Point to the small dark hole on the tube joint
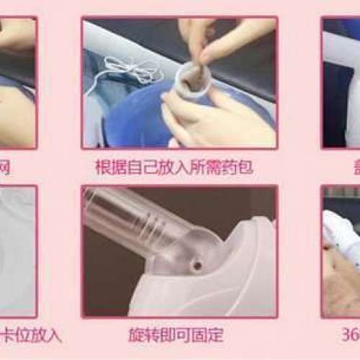[196, 266]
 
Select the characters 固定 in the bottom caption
[210, 335]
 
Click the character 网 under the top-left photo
[6, 167]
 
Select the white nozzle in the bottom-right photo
[342, 223]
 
